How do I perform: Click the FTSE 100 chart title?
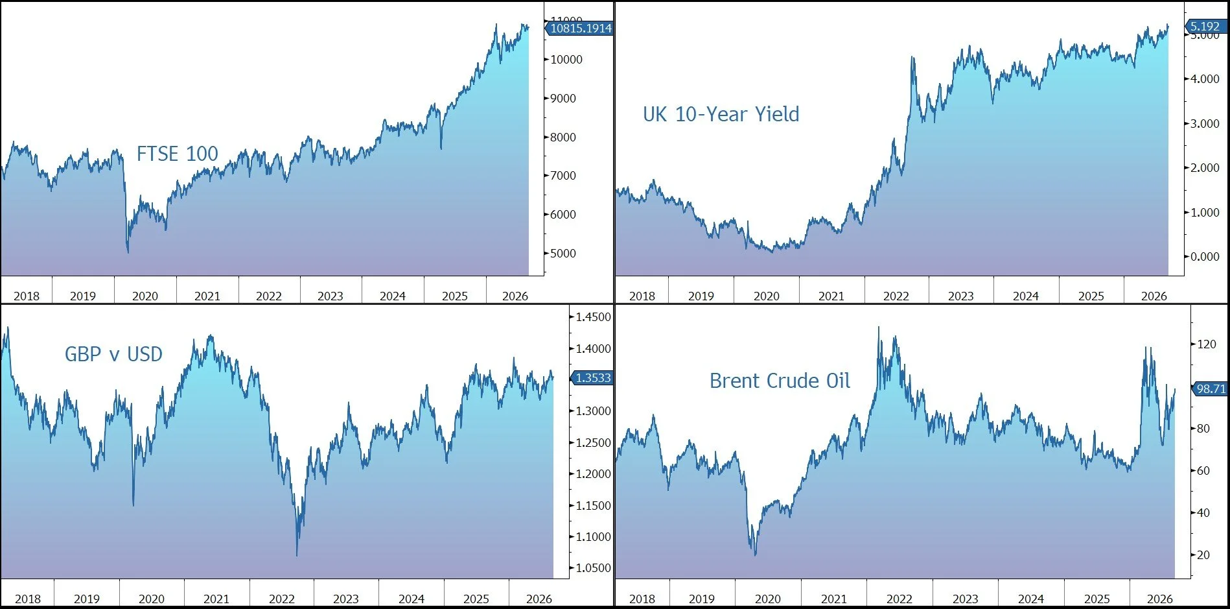pyautogui.click(x=177, y=154)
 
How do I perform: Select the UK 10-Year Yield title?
pyautogui.click(x=721, y=114)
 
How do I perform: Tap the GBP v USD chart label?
pyautogui.click(x=113, y=354)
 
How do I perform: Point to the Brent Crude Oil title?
pyautogui.click(x=780, y=381)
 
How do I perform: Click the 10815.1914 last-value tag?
pyautogui.click(x=579, y=28)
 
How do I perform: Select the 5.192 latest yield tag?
pyautogui.click(x=1205, y=26)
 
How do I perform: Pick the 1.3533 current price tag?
pyautogui.click(x=592, y=377)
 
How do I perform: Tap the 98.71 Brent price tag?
pyautogui.click(x=1210, y=388)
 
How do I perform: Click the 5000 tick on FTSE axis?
pyautogui.click(x=563, y=253)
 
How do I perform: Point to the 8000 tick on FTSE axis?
pyautogui.click(x=563, y=137)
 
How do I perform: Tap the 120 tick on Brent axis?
pyautogui.click(x=1206, y=344)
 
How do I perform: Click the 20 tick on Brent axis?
pyautogui.click(x=1203, y=555)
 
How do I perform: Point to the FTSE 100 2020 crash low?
pyautogui.click(x=128, y=252)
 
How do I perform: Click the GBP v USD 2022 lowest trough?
pyautogui.click(x=297, y=555)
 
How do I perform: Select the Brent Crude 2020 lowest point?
pyautogui.click(x=755, y=555)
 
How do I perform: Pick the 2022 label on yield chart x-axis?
pyautogui.click(x=896, y=296)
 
